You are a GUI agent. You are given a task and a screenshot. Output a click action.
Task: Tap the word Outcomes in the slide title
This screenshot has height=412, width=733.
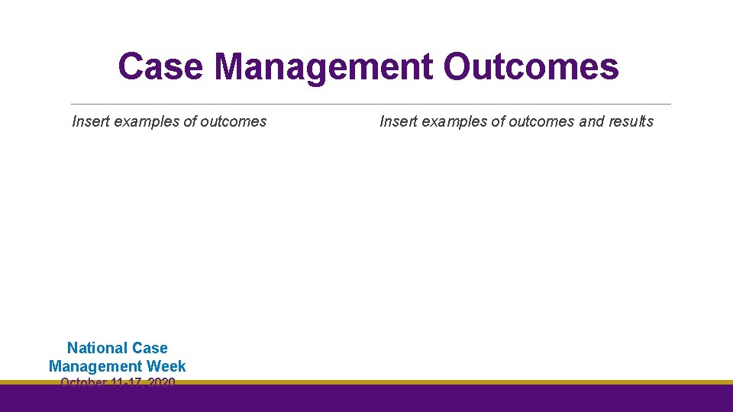pos(531,66)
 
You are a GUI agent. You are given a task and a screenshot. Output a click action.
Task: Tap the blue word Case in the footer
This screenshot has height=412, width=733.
pos(150,349)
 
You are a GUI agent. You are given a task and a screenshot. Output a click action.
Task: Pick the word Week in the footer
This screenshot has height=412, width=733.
pos(167,366)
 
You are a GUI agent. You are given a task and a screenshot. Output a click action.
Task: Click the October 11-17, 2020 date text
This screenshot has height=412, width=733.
pos(118,382)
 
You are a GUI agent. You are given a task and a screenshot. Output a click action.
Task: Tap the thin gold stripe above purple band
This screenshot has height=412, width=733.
pos(458,382)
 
